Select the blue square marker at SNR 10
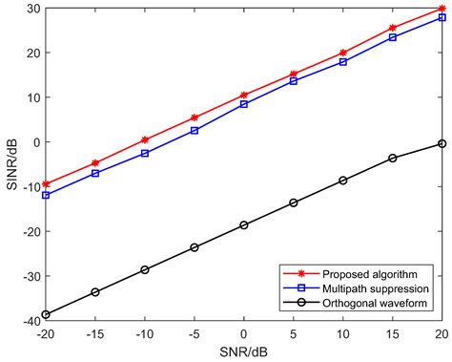pos(343,61)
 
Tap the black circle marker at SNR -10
pos(145,269)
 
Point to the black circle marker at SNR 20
pos(442,143)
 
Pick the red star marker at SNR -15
pos(95,163)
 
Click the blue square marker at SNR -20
pos(46,195)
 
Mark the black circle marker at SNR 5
pos(294,202)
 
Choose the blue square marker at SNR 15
pos(393,37)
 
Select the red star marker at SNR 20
pos(442,9)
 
